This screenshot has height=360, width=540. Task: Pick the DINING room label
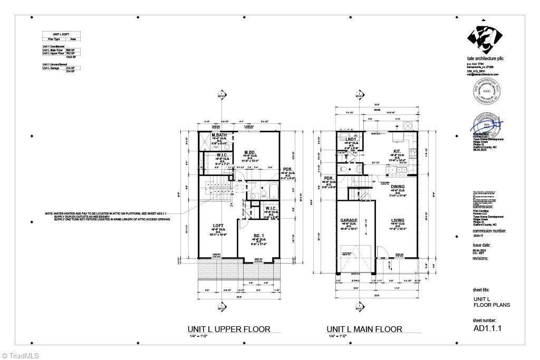coord(398,187)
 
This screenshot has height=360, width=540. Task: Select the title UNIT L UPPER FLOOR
coord(230,329)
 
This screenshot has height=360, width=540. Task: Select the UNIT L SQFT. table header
coord(59,34)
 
